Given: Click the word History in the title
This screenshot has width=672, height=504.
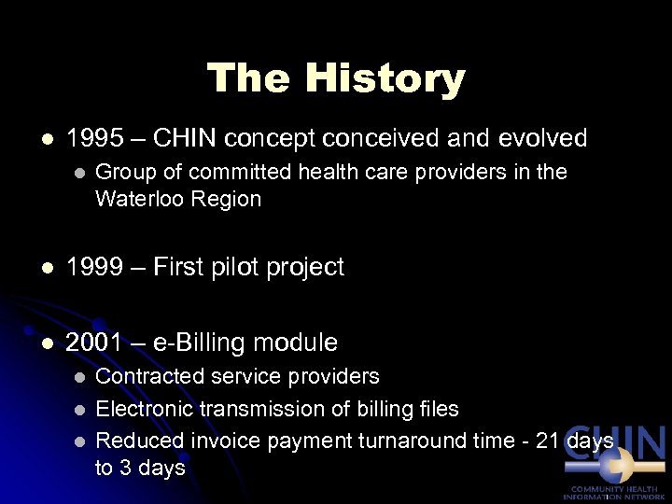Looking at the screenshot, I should coord(387,78).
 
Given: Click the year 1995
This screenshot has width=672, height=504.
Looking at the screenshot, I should coord(95,139).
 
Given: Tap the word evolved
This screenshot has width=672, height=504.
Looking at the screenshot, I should coord(542,139).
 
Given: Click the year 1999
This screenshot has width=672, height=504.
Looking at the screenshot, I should coord(95,267).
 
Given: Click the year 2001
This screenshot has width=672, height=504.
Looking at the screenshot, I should coord(95,343).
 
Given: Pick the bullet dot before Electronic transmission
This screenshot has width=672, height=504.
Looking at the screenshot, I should coord(79,409).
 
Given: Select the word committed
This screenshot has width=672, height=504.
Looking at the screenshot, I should coord(220,173).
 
